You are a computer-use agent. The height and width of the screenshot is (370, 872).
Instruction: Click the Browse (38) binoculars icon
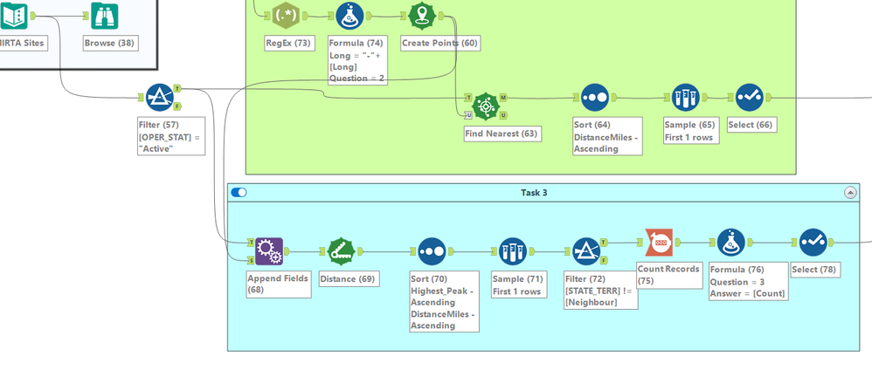[x=105, y=15]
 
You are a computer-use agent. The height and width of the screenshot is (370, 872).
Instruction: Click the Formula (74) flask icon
[x=349, y=15]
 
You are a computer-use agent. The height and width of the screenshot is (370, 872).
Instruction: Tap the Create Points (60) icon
[x=423, y=15]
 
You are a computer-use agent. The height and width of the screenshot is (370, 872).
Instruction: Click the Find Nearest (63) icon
[x=486, y=106]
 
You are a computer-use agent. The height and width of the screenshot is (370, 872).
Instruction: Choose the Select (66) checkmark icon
[x=750, y=98]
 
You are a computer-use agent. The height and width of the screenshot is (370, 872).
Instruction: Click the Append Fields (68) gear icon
[x=269, y=251]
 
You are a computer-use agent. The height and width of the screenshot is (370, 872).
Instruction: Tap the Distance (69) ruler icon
[x=342, y=251]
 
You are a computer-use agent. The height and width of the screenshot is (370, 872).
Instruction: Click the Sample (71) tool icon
[x=513, y=251]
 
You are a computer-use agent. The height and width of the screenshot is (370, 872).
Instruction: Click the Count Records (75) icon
[x=659, y=243]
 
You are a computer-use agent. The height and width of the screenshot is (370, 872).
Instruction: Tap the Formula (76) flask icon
[x=731, y=243]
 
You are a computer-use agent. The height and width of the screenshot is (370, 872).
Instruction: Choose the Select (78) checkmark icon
[x=813, y=243]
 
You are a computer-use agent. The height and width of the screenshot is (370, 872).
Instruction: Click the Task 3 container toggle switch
[x=239, y=192]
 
